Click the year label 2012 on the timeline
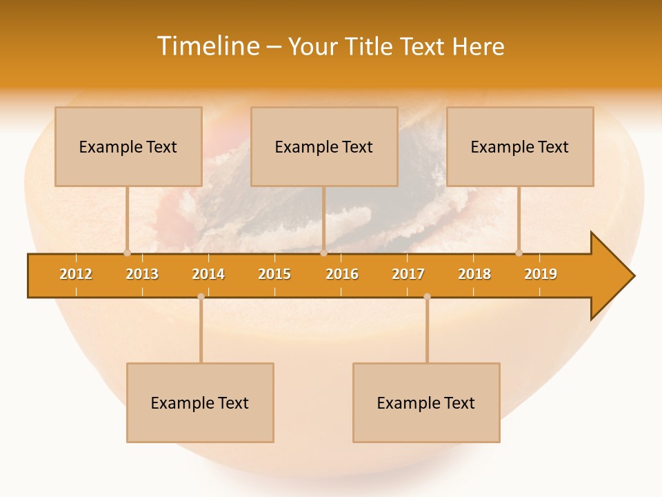76,274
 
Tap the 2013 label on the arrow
142,274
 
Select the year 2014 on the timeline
208,274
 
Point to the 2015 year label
274,274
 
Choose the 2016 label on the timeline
342,274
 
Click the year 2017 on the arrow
408,274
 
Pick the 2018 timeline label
474,274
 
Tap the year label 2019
541,274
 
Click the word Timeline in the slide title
207,46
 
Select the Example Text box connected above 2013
128,146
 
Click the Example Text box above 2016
324,146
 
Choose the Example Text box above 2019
520,146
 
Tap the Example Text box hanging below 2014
200,402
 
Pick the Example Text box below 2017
426,402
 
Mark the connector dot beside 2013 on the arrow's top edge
127,253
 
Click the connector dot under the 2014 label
201,297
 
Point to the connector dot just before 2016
323,253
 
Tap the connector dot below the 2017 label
427,297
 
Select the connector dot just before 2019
519,253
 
